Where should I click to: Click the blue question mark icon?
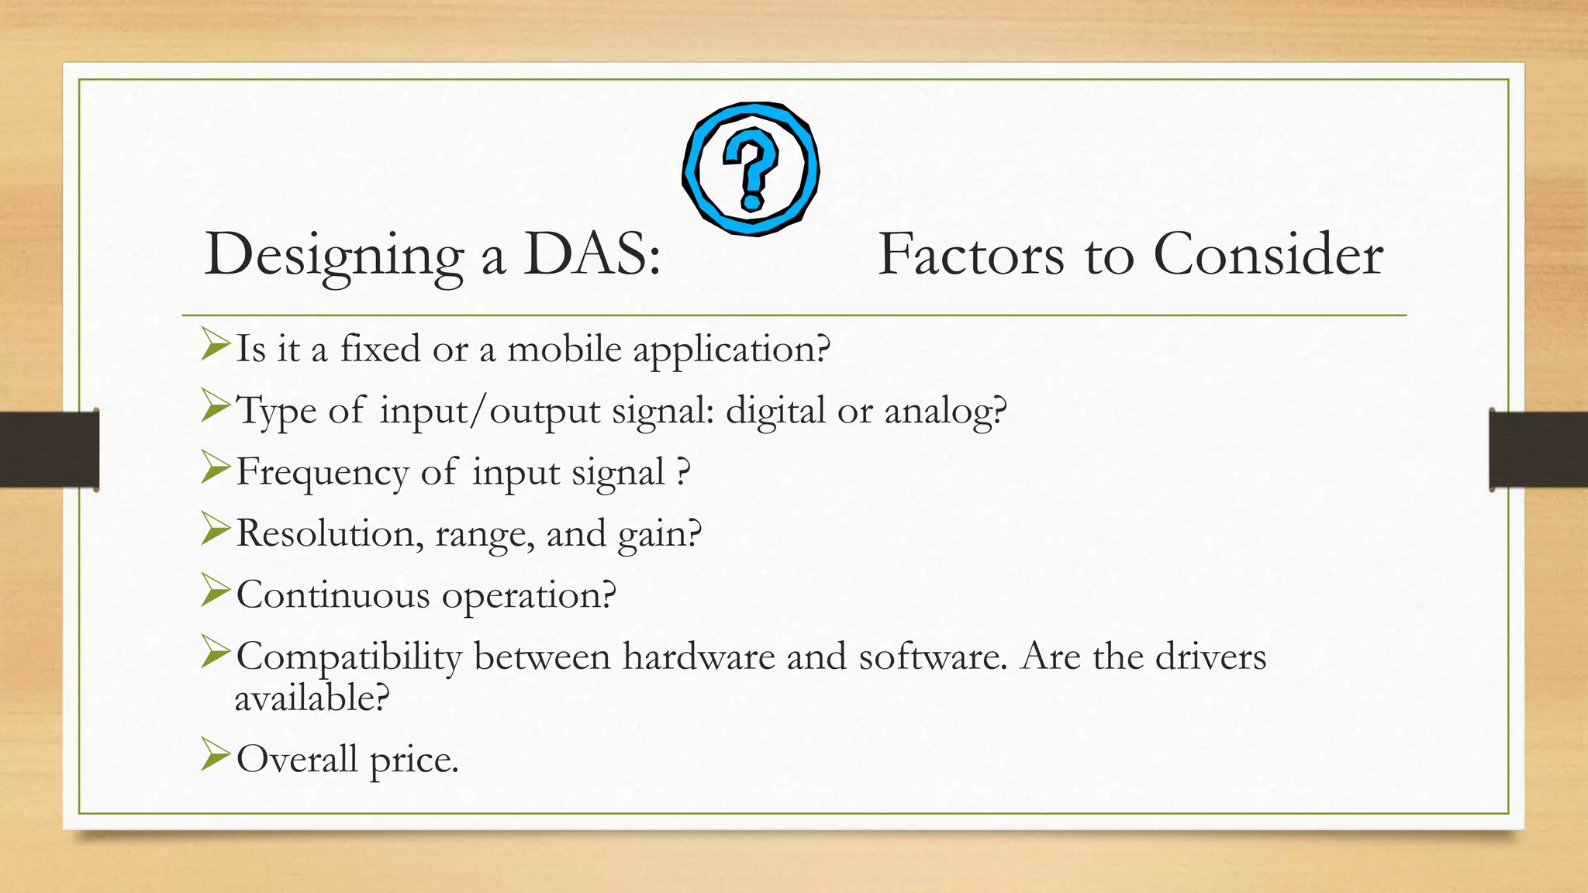click(751, 168)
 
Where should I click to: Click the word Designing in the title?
click(333, 256)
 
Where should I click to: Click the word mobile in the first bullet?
click(564, 349)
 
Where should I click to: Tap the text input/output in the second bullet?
click(490, 411)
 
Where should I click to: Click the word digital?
click(775, 411)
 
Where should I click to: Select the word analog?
click(945, 411)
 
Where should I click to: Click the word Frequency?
click(322, 473)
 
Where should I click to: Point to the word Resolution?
click(330, 533)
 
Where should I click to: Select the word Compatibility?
click(349, 657)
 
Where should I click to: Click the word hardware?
click(699, 657)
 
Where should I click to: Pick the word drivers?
click(1210, 657)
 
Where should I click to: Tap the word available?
click(311, 698)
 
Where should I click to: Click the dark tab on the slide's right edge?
click(1538, 450)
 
